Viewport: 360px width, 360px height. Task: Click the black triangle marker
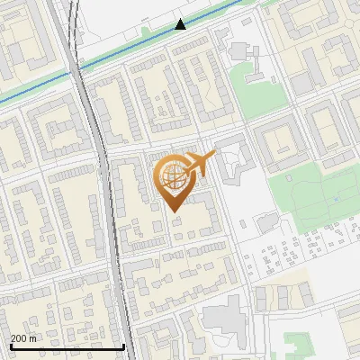180,24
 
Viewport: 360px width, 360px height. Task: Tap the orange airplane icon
196,166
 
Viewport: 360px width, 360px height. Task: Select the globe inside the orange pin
172,177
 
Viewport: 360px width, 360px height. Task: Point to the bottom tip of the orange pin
172,211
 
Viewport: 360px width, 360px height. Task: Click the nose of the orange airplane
214,157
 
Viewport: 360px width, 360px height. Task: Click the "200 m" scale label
23,339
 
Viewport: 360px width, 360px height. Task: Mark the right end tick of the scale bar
123,346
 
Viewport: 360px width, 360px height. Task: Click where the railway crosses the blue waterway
75,68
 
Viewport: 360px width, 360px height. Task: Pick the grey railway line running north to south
103,180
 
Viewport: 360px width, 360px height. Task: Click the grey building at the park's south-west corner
266,221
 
